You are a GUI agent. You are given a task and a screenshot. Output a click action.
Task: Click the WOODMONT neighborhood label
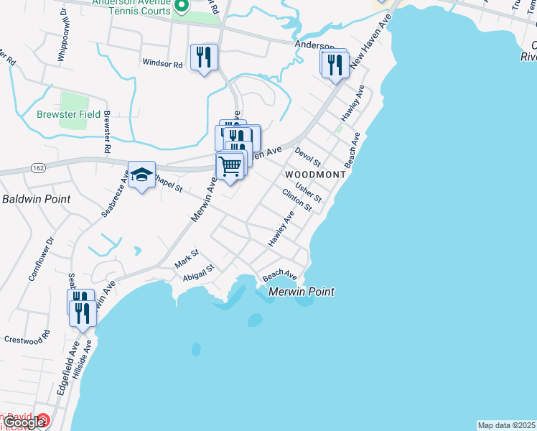[315, 175]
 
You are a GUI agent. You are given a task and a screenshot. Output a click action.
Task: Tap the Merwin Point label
[302, 292]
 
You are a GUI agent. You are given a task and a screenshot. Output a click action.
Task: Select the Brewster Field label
[69, 114]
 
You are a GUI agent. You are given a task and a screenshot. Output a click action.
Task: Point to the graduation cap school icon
[141, 175]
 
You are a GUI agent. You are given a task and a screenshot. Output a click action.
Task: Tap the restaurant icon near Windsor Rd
[204, 57]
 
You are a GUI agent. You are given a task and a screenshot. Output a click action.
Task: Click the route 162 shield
[38, 167]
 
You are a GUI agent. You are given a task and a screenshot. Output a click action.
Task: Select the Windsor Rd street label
[163, 63]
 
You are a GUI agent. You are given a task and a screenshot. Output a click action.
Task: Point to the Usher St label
[307, 193]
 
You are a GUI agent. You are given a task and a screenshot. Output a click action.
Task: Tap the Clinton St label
[296, 200]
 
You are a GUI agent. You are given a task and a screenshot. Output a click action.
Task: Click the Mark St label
[186, 259]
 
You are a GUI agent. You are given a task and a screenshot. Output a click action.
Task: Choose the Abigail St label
[199, 273]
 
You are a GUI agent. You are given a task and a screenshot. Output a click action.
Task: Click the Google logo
[24, 422]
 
